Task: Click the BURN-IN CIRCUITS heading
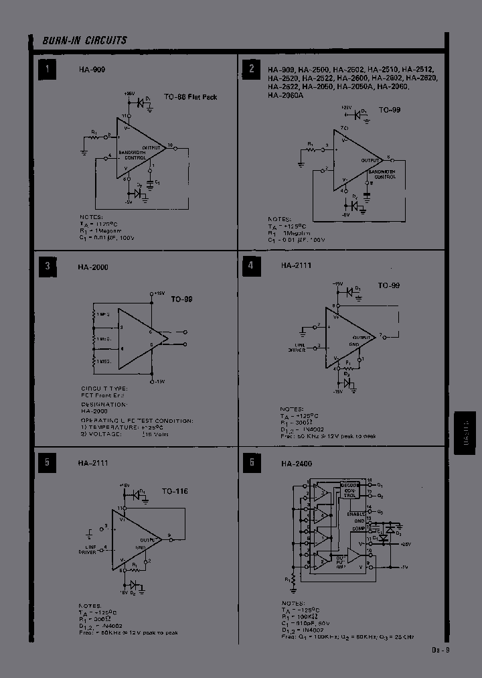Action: coord(84,40)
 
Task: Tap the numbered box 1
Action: coord(47,69)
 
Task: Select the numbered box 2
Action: coord(252,69)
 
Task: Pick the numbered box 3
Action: coord(47,267)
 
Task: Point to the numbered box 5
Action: coord(47,462)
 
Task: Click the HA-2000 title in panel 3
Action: coord(92,267)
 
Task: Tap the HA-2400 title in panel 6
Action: coord(296,464)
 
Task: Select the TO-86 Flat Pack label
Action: coord(191,97)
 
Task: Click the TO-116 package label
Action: coord(175,491)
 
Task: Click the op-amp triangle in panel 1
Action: coord(137,148)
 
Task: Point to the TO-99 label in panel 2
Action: coord(390,109)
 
